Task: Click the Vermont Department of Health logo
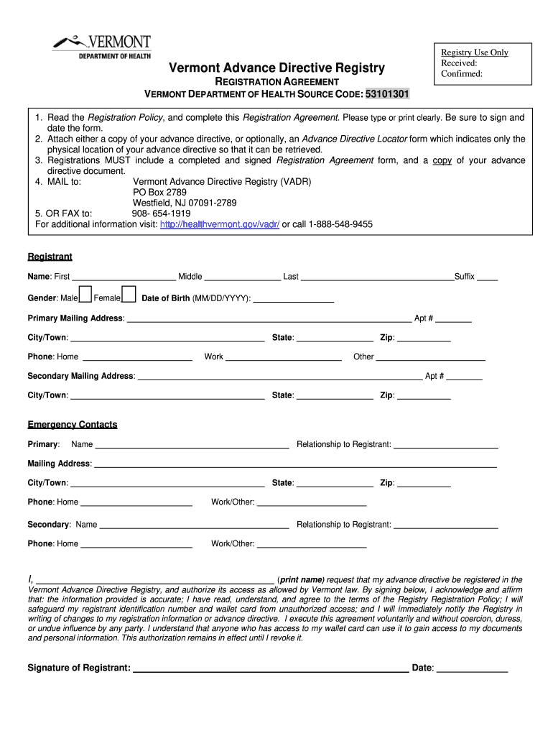tap(101, 47)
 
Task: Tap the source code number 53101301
tap(388, 94)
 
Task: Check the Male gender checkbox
tap(85, 294)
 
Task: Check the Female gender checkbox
tap(129, 294)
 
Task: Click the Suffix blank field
tap(487, 277)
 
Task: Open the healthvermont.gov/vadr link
tap(220, 224)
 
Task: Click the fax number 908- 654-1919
tap(161, 213)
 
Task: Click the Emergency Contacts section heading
tap(72, 425)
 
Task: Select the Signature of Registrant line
tap(271, 668)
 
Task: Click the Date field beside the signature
tap(472, 668)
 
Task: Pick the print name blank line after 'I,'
tap(154, 580)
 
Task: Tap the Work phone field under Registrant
tap(284, 357)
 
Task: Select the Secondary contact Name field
tap(194, 525)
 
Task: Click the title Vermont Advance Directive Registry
tap(276, 68)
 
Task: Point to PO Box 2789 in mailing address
tap(159, 193)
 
